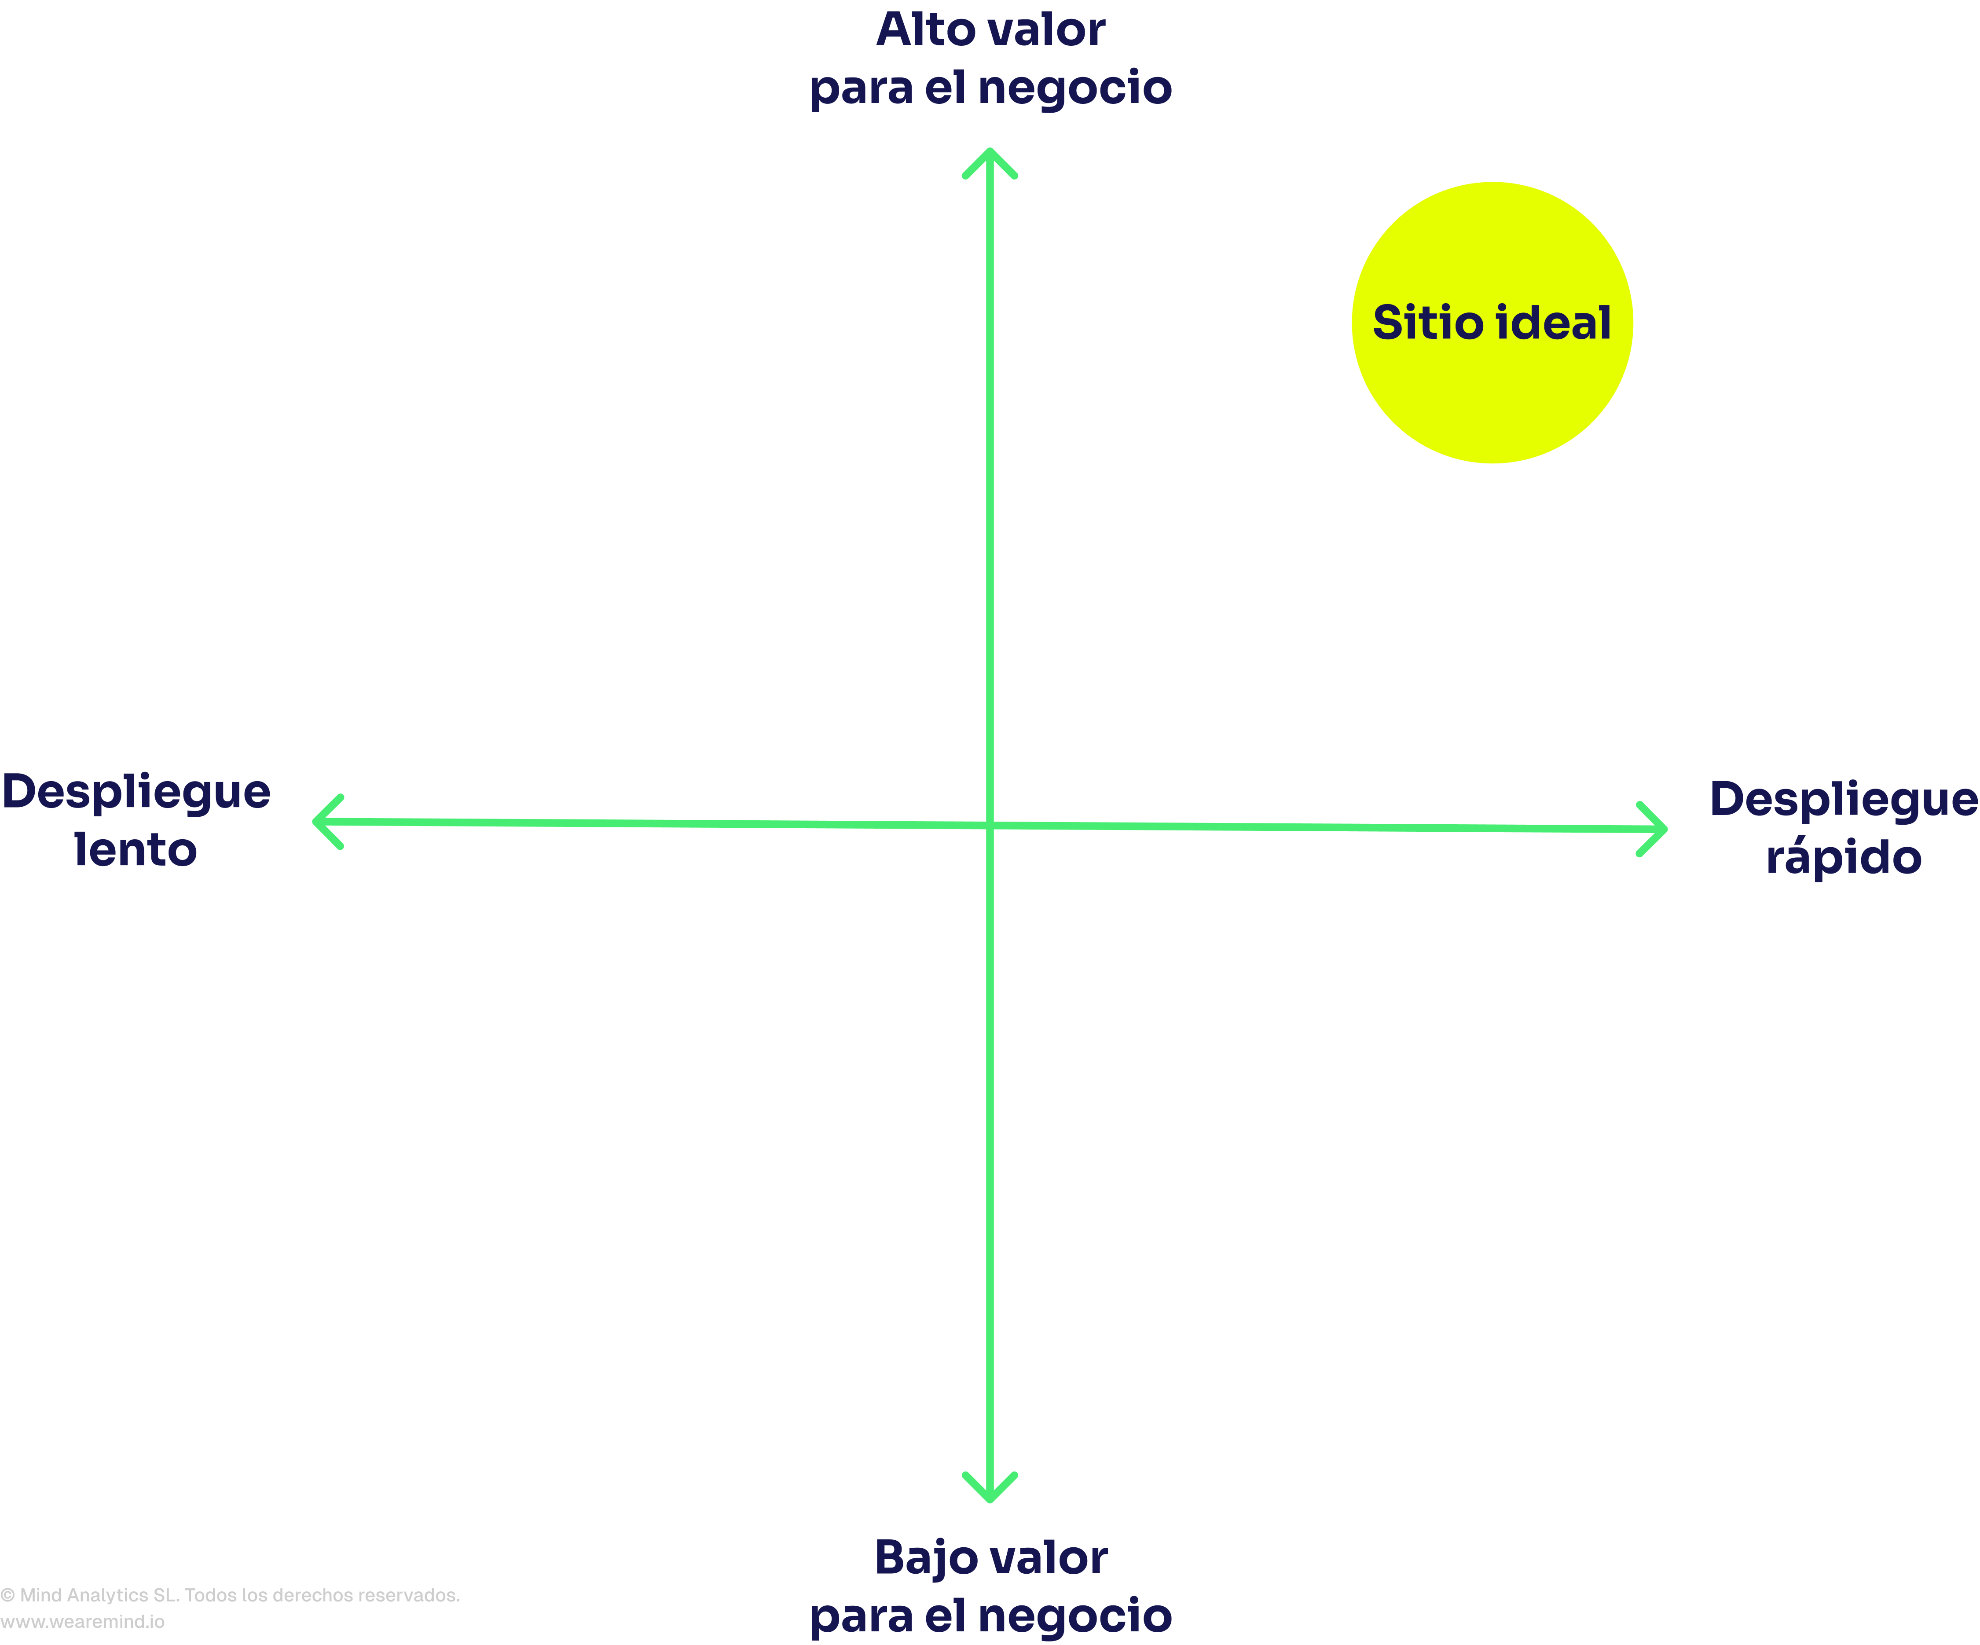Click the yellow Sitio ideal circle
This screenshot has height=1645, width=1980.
pyautogui.click(x=1492, y=323)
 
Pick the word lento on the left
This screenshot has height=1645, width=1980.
pyautogui.click(x=136, y=850)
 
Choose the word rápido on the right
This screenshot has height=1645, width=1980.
pyautogui.click(x=1843, y=856)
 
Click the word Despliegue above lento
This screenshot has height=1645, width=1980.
pyautogui.click(x=136, y=792)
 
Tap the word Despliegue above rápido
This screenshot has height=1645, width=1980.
pyautogui.click(x=1843, y=800)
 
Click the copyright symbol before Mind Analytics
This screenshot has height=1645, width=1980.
pyautogui.click(x=7, y=1595)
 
